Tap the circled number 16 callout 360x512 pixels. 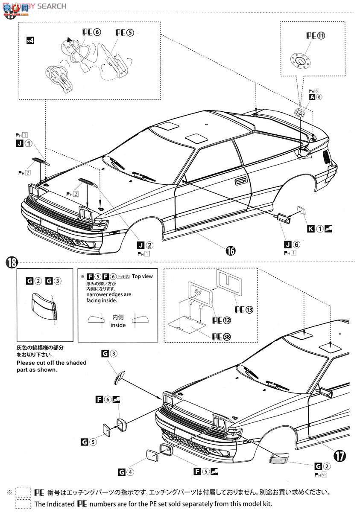coord(230,251)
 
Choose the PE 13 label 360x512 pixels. coord(244,309)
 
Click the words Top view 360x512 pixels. coord(142,276)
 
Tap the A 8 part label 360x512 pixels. coord(316,97)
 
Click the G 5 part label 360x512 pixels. coord(88,442)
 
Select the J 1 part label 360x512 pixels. coord(23,144)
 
